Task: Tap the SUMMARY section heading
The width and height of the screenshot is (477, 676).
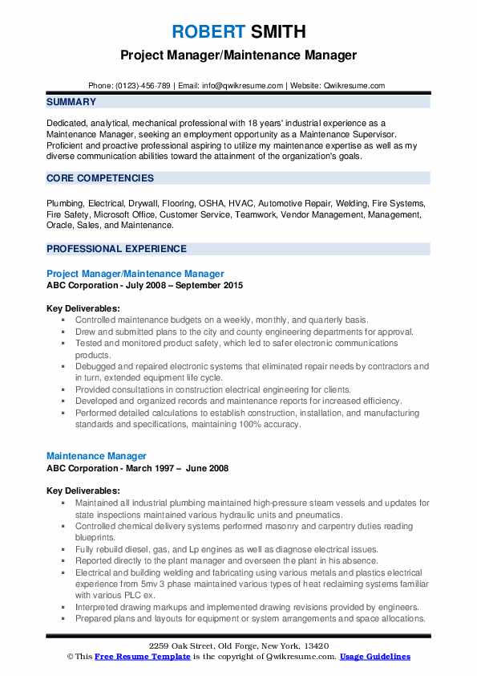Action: pyautogui.click(x=71, y=102)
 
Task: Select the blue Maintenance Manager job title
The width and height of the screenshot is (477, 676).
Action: pyautogui.click(x=96, y=456)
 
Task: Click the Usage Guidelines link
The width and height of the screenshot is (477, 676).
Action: pyautogui.click(x=374, y=657)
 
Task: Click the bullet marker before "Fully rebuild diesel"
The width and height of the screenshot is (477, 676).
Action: pyautogui.click(x=63, y=549)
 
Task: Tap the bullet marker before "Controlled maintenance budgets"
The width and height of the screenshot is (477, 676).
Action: pyautogui.click(x=63, y=320)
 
